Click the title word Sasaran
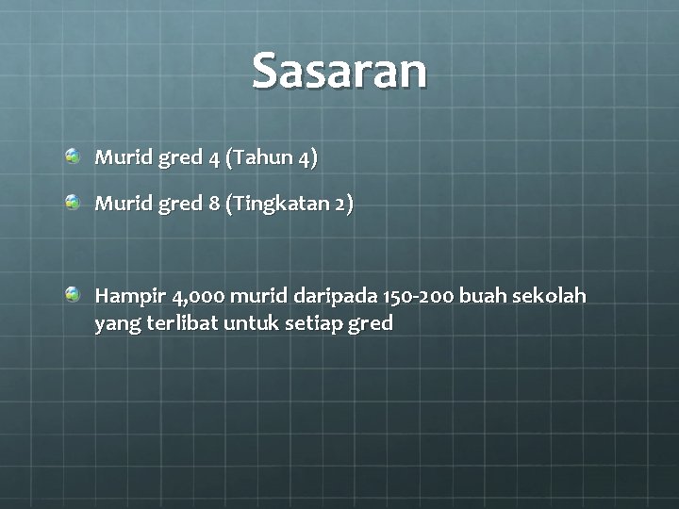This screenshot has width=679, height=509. (x=339, y=72)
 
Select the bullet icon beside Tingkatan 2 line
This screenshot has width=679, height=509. (x=73, y=201)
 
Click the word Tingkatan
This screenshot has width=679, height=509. (x=281, y=204)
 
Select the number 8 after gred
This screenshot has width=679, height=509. (x=214, y=204)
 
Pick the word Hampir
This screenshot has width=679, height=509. (x=130, y=298)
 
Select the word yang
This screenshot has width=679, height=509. (x=114, y=325)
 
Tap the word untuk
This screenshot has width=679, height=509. (x=252, y=324)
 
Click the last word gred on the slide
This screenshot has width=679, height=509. (x=371, y=325)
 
